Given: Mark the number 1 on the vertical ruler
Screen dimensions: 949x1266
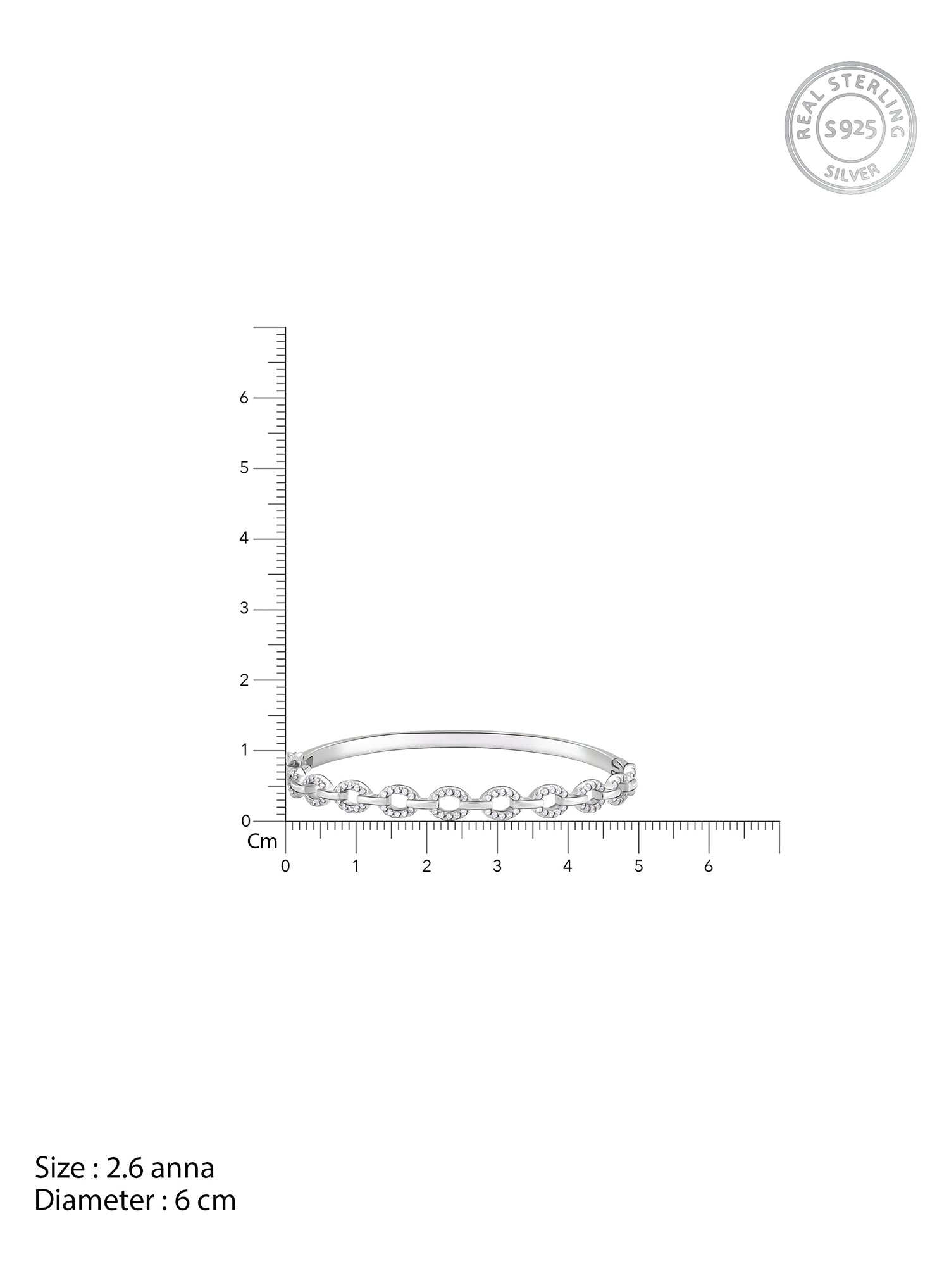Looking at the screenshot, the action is click(x=242, y=751).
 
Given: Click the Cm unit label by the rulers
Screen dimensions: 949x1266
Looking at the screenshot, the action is click(x=263, y=841).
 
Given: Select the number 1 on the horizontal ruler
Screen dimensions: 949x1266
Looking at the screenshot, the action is click(x=356, y=866).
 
